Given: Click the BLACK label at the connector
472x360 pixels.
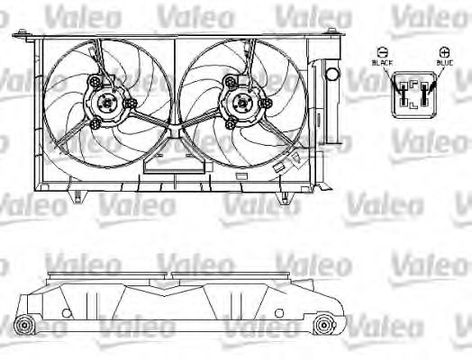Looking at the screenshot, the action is (x=382, y=63).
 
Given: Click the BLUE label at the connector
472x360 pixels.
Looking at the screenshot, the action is (x=445, y=63).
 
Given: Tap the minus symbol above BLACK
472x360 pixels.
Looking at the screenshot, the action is (x=383, y=52).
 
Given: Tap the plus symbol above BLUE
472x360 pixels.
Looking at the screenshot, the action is (x=444, y=52).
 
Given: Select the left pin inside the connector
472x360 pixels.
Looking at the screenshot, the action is (x=403, y=94).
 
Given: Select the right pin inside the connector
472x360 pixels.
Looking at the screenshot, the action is (x=425, y=94).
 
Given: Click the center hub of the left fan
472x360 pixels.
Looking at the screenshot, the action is (x=107, y=103).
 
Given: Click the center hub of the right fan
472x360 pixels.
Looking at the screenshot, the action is (x=242, y=103).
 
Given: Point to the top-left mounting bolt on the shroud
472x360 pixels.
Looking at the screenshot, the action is (x=22, y=32).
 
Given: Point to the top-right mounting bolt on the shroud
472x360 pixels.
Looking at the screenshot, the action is (x=331, y=31).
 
